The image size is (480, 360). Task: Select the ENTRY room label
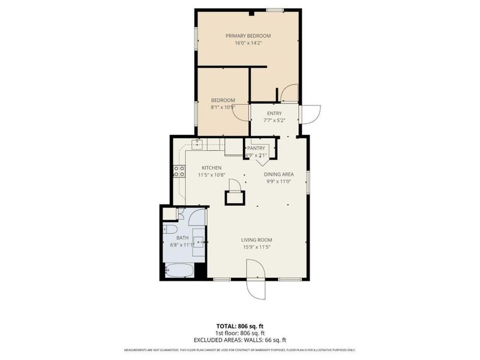[x=274, y=113]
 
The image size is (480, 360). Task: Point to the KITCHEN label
[x=211, y=168]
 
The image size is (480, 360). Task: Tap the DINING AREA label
[x=279, y=175]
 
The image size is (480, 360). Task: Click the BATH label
[x=182, y=238]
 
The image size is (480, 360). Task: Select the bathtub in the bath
[x=178, y=271]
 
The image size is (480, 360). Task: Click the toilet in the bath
[x=169, y=230]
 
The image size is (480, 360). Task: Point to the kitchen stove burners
[x=179, y=172]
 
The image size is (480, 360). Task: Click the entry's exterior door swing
[x=311, y=114]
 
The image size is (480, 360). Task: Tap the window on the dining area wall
[x=308, y=182]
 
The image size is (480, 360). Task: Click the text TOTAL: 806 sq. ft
[x=239, y=326]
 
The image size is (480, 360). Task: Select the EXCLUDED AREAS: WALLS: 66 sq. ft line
[x=239, y=340]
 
